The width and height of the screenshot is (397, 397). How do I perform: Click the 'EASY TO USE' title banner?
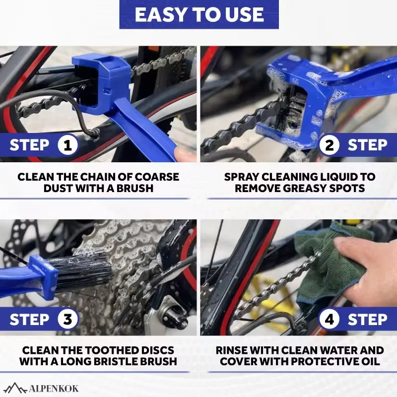click(x=199, y=14)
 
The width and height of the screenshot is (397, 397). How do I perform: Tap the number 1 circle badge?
click(x=67, y=145)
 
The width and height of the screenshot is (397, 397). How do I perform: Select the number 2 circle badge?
click(x=329, y=145)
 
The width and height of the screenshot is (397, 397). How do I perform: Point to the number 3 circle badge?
click(x=67, y=319)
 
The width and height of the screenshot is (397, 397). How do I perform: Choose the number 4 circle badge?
click(x=329, y=319)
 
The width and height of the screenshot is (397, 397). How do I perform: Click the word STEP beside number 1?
click(x=29, y=145)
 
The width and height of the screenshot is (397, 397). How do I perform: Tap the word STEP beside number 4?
click(x=367, y=319)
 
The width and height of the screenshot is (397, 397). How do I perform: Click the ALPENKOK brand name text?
click(x=54, y=389)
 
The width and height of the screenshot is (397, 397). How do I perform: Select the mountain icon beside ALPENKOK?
click(x=16, y=388)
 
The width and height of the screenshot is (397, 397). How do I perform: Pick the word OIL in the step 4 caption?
click(x=370, y=361)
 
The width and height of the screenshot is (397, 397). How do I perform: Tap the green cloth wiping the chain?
click(x=327, y=266)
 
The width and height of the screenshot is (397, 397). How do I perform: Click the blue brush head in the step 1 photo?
click(x=101, y=83)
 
